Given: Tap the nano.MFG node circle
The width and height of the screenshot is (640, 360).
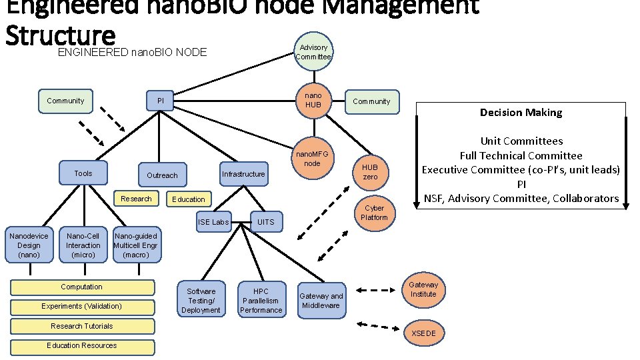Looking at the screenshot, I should pos(312,159).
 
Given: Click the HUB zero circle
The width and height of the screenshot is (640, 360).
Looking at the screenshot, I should pos(370,172).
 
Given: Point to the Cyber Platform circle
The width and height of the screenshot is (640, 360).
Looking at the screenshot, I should pos(374,213).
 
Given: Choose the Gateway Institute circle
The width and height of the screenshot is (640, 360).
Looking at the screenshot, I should pos(423,289).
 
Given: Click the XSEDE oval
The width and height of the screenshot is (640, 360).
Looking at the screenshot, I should pos(423,333).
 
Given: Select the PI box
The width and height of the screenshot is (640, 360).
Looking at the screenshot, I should pos(161,101).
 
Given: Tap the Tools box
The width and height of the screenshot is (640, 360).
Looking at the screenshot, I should pos(83,173).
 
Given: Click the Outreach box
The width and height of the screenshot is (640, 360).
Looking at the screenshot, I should pos(162,175).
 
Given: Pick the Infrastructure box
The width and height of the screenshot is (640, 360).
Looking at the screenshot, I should pos(243,174).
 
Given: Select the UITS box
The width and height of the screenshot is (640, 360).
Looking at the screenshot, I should pos(265,222).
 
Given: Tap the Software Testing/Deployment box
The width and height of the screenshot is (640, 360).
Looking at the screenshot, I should pos(201,301).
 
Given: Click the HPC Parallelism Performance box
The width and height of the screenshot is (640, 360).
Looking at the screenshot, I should pos(261,301).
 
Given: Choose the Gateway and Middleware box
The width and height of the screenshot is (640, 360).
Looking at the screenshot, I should pos(321,301).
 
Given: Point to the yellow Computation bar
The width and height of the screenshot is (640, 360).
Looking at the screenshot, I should pos(82,287).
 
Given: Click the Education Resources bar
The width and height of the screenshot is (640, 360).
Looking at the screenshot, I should pos(82,346).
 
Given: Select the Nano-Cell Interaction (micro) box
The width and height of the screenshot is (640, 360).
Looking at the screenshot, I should pos(83,245).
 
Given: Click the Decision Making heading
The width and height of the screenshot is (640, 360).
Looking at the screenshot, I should pos(521,113).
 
